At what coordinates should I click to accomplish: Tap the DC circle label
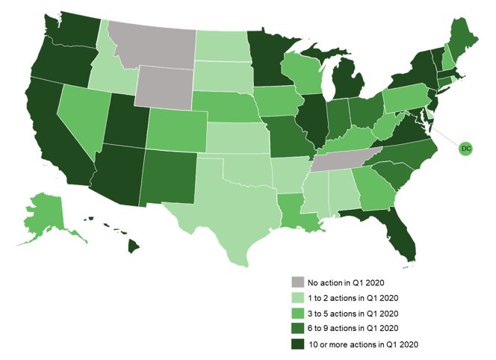(x=466, y=149)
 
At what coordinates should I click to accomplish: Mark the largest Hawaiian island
(x=134, y=246)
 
